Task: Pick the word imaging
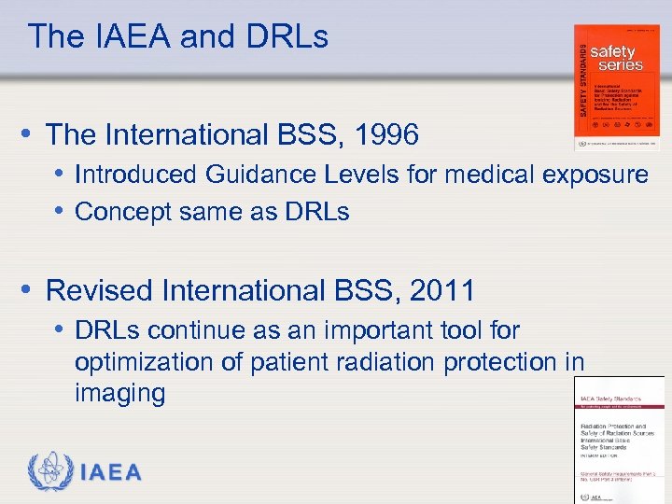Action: tap(119, 394)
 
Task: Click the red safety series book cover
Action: tap(617, 87)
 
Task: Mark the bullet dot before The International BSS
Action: tap(31, 134)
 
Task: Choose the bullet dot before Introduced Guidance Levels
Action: tap(60, 175)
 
